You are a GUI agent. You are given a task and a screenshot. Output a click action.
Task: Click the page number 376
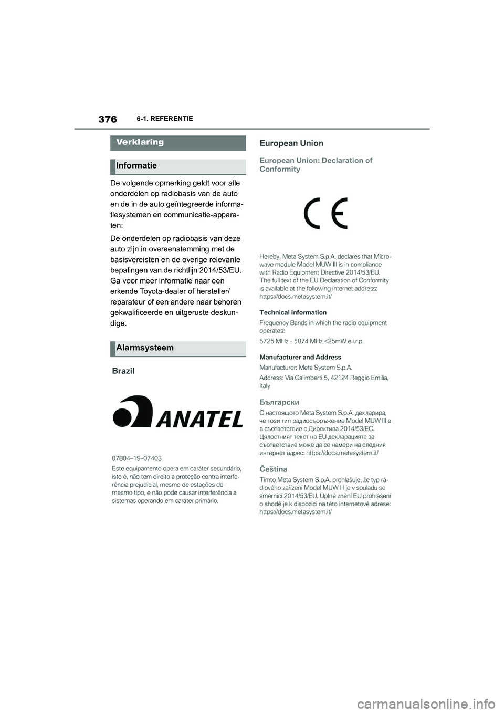[x=107, y=119]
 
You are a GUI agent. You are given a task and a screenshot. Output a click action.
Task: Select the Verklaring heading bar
[x=178, y=142]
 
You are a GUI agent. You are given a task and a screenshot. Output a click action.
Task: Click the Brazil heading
[x=123, y=371]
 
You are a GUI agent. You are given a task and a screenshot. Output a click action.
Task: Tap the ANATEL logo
[x=177, y=412]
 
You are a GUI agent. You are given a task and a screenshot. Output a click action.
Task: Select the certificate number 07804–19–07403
[x=137, y=458]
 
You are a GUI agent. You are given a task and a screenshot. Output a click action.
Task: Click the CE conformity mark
[x=325, y=213]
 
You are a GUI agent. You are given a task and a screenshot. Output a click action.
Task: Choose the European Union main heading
[x=291, y=143]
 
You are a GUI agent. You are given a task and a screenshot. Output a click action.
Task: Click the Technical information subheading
[x=293, y=313]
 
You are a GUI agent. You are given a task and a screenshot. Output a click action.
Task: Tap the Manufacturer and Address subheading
[x=300, y=358]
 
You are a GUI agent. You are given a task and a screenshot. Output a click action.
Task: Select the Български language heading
[x=279, y=403]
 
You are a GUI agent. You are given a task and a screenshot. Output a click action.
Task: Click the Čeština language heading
[x=274, y=469]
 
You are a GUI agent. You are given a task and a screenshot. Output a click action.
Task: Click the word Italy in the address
[x=265, y=386]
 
